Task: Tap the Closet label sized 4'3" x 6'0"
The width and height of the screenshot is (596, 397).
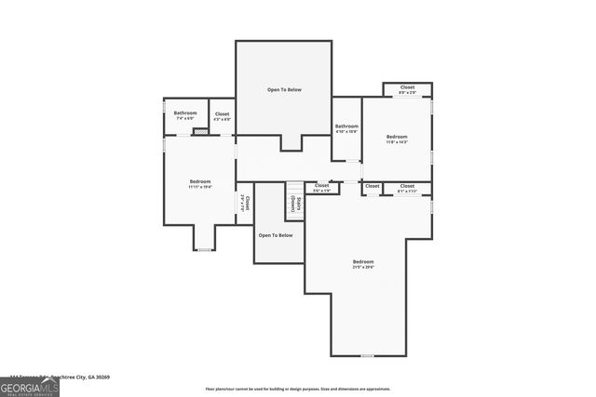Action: click(x=222, y=116)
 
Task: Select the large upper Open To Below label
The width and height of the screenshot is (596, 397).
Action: click(x=283, y=90)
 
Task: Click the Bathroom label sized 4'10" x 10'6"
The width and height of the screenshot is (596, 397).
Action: click(x=346, y=128)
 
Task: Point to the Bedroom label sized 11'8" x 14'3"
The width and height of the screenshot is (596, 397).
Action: click(x=397, y=139)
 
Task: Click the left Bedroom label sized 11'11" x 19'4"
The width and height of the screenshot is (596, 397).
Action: click(x=199, y=183)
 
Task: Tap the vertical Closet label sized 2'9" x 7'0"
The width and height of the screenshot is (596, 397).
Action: click(x=244, y=203)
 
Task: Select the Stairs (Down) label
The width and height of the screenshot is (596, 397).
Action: click(x=294, y=205)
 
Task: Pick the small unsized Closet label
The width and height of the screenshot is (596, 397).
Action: click(x=372, y=186)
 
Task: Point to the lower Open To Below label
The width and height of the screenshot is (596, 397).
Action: click(x=276, y=235)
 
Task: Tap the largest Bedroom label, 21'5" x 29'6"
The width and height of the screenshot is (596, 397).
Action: click(x=363, y=264)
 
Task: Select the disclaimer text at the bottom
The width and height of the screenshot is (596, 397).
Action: click(x=298, y=390)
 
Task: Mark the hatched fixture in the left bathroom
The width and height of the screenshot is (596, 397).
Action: click(x=198, y=131)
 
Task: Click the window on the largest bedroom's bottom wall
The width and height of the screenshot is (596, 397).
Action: click(x=367, y=355)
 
